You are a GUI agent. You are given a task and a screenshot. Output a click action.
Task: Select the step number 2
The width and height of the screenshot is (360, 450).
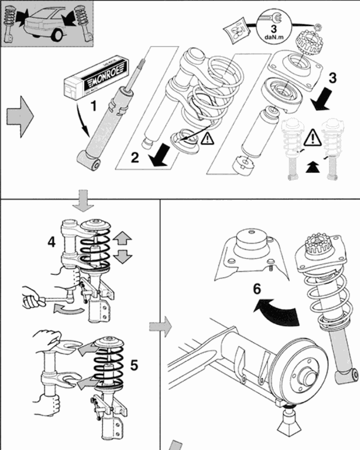click(135, 157)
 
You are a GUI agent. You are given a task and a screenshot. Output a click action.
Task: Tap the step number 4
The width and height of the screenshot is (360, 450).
click(52, 241)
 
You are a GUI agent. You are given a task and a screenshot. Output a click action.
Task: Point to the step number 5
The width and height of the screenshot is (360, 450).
click(134, 366)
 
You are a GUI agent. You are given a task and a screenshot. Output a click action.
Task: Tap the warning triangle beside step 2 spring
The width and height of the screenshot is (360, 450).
click(207, 139)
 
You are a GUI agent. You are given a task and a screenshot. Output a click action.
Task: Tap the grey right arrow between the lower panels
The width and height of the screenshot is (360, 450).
click(160, 325)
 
